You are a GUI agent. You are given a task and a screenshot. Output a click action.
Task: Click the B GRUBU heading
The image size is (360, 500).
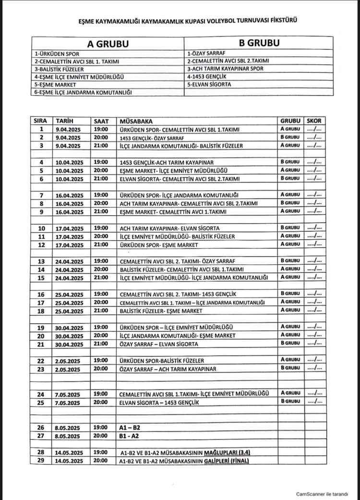pyautogui.click(x=259, y=43)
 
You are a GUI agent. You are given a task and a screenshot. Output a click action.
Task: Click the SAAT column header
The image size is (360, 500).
pyautogui.click(x=102, y=121)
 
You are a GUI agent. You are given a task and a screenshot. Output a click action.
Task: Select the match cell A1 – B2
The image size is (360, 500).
pyautogui.click(x=130, y=427)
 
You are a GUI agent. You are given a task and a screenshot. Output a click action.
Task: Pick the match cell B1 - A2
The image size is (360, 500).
pyautogui.click(x=130, y=436)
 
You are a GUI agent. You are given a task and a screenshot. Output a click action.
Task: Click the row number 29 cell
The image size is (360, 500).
pyautogui.click(x=41, y=461)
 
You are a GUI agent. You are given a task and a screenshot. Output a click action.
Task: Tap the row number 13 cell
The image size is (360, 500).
pyautogui.click(x=41, y=261)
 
